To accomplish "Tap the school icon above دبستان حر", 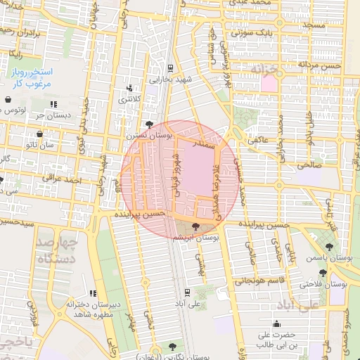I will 53,105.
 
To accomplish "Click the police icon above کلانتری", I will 129,89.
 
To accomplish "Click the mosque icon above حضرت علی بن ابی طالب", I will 276,325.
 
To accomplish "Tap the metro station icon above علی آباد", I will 186,292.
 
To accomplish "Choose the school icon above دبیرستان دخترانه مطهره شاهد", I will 92,294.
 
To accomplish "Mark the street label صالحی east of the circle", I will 310,166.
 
